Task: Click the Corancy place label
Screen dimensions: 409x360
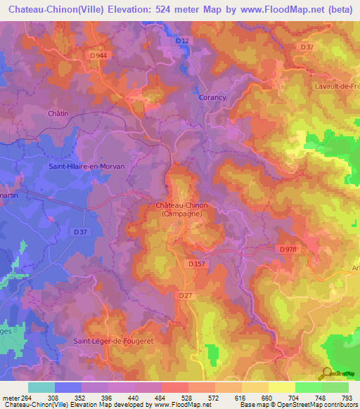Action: tap(212, 98)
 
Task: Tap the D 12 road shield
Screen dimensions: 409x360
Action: tap(182, 41)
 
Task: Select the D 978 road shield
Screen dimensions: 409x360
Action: tap(287, 249)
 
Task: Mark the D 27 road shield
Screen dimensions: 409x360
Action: tap(186, 295)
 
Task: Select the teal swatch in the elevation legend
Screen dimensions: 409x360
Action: tap(41, 387)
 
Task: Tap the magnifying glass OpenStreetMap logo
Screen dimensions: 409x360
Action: tap(325, 374)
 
